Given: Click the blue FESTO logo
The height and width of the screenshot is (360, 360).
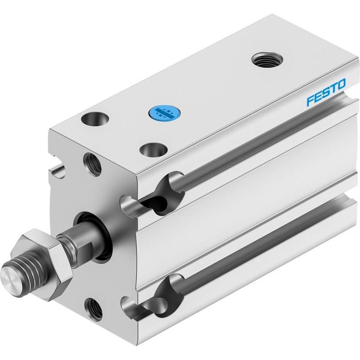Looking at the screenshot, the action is click(x=326, y=93).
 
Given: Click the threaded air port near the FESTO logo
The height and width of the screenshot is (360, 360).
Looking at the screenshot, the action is click(x=267, y=61).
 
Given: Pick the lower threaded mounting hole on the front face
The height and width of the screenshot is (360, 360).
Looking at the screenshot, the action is click(x=93, y=309).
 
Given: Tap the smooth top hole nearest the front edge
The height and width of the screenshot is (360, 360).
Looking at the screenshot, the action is click(x=153, y=150).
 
